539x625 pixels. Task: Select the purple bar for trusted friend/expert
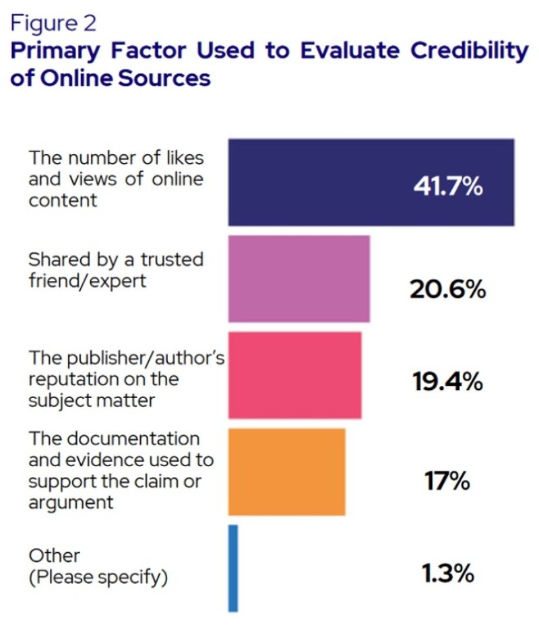[x=298, y=278]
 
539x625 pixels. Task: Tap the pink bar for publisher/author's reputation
[x=294, y=375]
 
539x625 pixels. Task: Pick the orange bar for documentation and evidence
[x=286, y=471]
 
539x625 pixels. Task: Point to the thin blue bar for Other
[x=233, y=568]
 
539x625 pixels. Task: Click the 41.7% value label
[x=448, y=185]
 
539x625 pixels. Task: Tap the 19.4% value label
[x=447, y=383]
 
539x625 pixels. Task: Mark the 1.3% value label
[x=448, y=574]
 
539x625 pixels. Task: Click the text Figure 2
[x=53, y=24]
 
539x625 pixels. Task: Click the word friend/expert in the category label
[x=87, y=280]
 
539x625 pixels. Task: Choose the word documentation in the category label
[x=131, y=439]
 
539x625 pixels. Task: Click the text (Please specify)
[x=98, y=577]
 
